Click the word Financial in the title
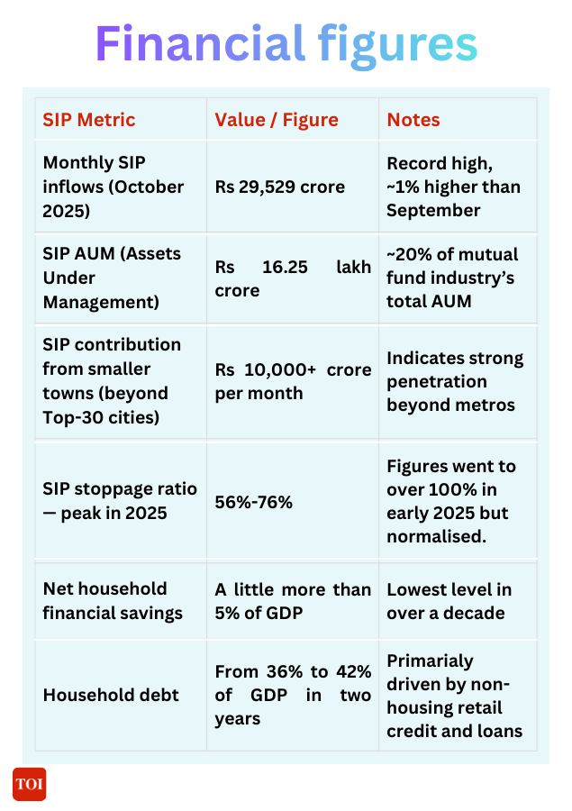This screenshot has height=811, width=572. point(200,44)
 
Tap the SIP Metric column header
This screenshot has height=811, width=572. point(89,120)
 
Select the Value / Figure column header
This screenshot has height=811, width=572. point(277,120)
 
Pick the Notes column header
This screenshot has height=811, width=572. point(413,120)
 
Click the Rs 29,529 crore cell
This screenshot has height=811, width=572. point(280,187)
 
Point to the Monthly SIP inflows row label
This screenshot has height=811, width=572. point(113,187)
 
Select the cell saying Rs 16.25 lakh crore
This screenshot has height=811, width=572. point(293,279)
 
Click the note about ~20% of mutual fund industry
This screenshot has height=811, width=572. point(452,278)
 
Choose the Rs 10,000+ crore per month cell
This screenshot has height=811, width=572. point(293,382)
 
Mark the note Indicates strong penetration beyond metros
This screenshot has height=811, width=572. point(455,381)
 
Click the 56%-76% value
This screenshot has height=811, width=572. point(253,502)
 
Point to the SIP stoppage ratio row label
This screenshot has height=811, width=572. point(119,501)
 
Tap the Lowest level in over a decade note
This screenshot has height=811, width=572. point(449,601)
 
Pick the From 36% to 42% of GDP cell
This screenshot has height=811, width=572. point(293,695)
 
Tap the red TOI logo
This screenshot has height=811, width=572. point(29,784)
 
